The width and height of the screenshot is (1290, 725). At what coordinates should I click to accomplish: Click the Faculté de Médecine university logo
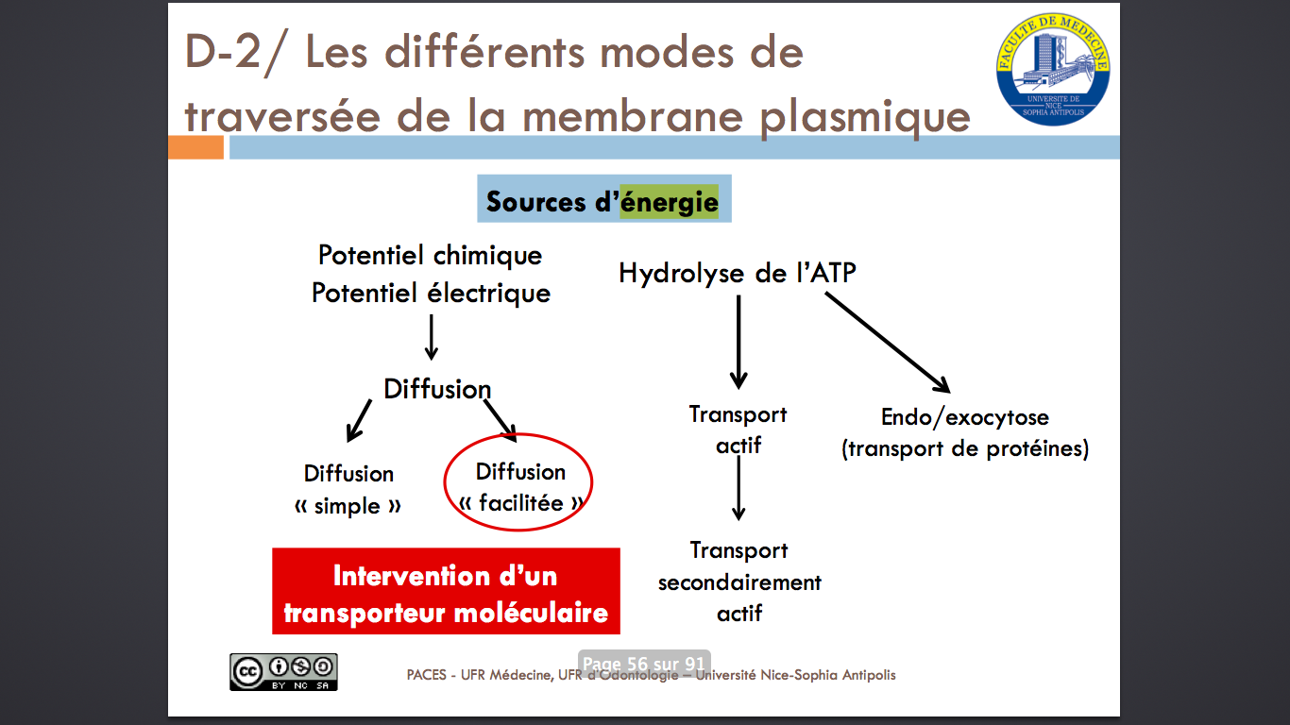point(1053,69)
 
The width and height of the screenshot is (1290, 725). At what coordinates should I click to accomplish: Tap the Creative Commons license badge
point(283,672)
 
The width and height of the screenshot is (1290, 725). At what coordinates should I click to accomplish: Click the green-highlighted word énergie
point(670,202)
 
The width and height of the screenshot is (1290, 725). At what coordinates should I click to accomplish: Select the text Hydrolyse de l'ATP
point(738,273)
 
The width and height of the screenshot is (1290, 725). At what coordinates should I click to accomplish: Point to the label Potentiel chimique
point(431,255)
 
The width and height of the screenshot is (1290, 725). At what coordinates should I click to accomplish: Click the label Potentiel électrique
point(431,293)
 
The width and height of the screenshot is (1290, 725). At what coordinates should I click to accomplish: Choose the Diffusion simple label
point(348,490)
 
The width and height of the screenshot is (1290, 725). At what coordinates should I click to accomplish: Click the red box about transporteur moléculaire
point(446,591)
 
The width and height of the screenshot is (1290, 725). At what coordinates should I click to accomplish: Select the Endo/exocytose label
point(964,417)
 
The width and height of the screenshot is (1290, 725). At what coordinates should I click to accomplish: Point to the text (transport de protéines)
point(965,448)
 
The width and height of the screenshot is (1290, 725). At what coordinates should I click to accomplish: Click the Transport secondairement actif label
point(739,582)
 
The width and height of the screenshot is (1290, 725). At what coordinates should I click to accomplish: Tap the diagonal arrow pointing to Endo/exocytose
point(888,343)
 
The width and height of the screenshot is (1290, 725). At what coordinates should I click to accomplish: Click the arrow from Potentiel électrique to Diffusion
point(432,337)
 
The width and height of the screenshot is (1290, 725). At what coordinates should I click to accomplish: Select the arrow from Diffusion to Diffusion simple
point(359,421)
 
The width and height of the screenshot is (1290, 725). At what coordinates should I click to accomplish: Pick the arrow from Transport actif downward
point(738,488)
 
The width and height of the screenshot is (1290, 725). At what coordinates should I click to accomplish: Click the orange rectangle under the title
point(195,147)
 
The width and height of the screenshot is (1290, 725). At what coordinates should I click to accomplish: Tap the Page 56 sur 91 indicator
point(644,664)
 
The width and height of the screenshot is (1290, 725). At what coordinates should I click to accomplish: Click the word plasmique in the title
point(865,117)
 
